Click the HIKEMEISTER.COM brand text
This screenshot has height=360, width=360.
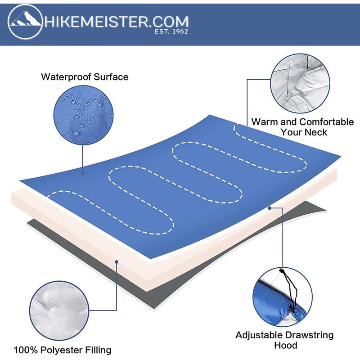[x=116, y=21]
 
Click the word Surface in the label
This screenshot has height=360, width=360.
[x=111, y=77]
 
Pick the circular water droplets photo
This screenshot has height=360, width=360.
[x=82, y=113]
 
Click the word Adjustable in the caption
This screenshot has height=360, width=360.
[x=258, y=335]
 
